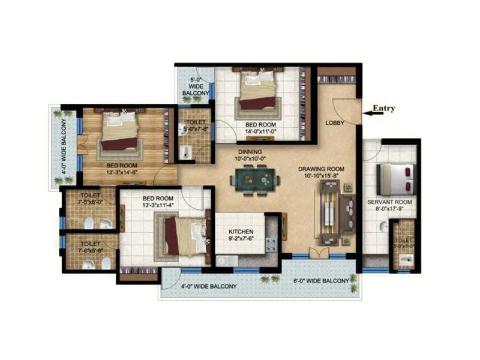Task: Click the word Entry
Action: coord(384,109)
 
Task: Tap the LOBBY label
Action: coord(334,123)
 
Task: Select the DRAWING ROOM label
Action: coord(322,169)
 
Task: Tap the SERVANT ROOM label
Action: coord(390,202)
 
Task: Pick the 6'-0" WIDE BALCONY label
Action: coord(321,281)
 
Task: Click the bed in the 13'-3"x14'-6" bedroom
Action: coord(119,133)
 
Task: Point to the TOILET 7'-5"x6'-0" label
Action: coord(90,199)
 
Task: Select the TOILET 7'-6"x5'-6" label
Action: coord(90,248)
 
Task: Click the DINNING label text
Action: coord(250,152)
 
